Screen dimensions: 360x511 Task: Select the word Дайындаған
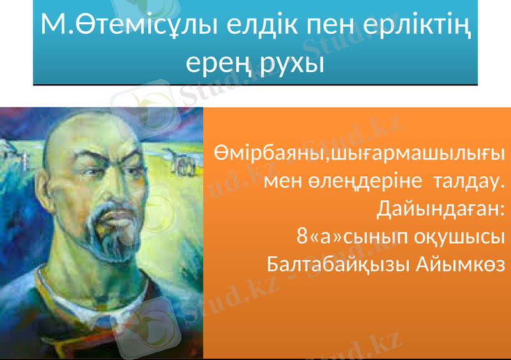pos(441,209)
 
